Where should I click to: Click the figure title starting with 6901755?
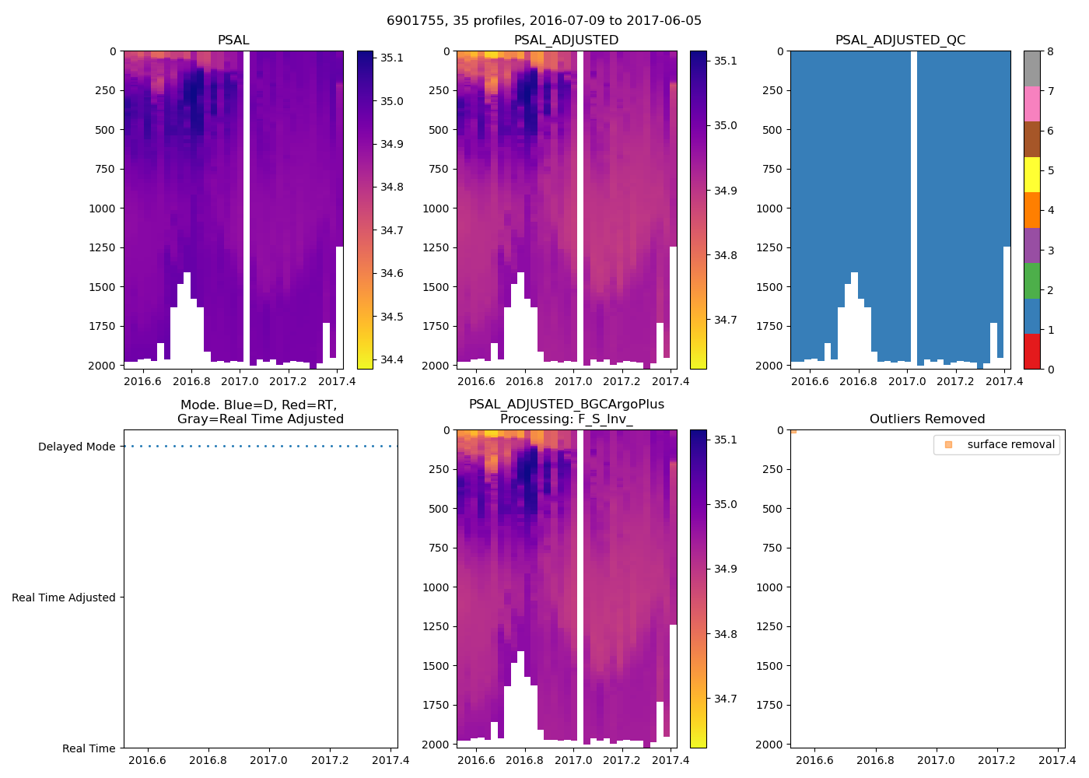point(544,21)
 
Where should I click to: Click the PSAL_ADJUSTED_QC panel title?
point(900,40)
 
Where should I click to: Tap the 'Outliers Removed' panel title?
point(927,419)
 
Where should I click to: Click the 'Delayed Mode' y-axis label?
point(76,447)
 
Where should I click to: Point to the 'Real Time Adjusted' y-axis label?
point(64,598)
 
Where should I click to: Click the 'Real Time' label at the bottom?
point(89,749)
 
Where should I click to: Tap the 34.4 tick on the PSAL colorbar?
point(391,360)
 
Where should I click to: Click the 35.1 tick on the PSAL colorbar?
point(391,58)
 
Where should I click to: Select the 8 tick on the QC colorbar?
point(1050,52)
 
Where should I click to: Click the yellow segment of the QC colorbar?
point(1031,175)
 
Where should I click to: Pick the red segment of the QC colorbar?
point(1031,351)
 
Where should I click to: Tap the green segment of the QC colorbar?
point(1031,281)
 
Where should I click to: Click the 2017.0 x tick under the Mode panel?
point(269,761)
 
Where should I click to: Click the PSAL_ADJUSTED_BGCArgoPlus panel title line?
point(566,405)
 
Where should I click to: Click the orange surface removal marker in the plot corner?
point(793,430)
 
